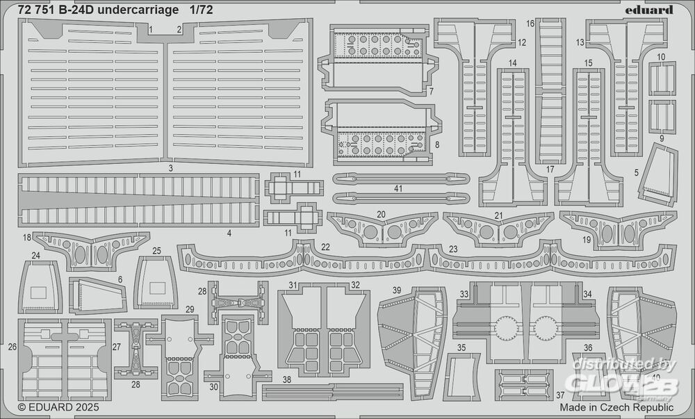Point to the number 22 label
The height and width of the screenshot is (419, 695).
[x=325, y=248]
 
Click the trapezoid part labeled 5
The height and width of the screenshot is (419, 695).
[x=657, y=177]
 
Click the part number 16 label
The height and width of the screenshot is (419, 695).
[x=530, y=24]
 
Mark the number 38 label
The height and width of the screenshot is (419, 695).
[x=286, y=379]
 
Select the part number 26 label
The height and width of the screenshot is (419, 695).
[x=12, y=346]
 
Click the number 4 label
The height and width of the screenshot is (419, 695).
[x=229, y=233]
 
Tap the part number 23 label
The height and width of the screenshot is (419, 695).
[x=453, y=248]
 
